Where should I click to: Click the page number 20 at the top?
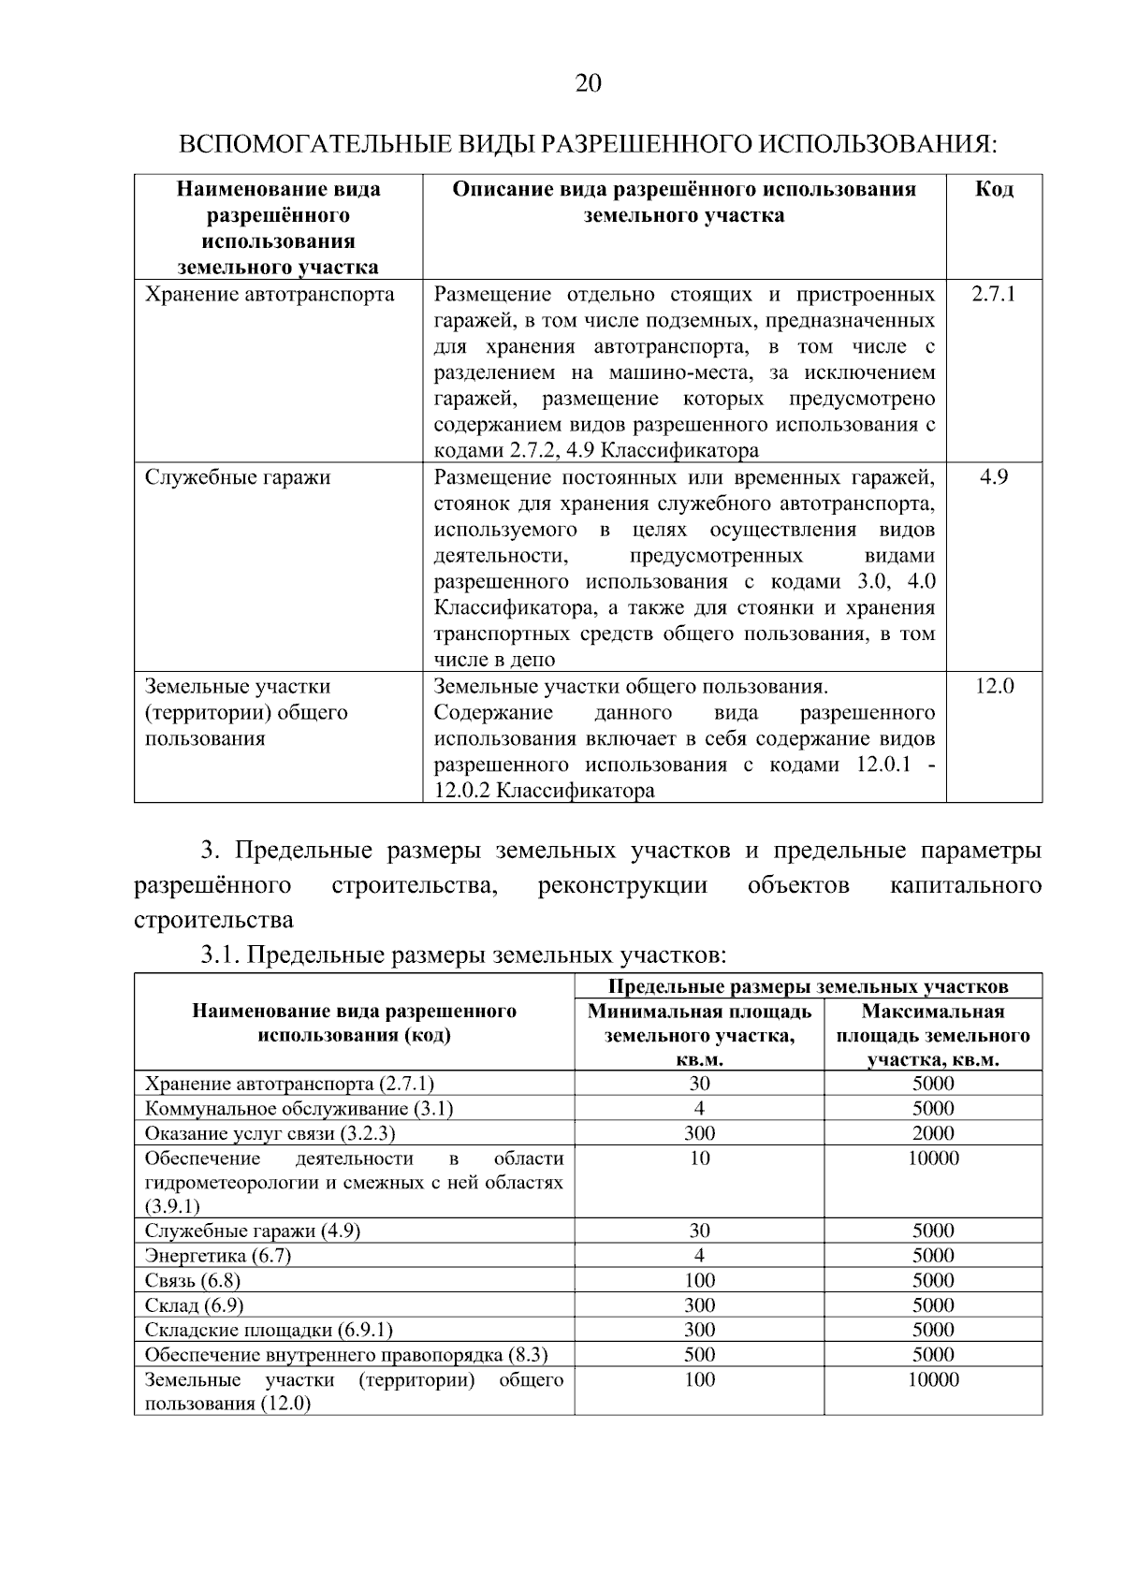588,84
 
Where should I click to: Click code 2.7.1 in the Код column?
993,295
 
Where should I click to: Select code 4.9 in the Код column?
993,477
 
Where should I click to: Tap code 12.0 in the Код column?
994,687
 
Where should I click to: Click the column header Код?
994,190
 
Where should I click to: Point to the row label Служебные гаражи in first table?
238,477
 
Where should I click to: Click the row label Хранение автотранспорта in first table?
270,295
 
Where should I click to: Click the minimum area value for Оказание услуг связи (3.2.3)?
699,1133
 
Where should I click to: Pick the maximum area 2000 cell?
933,1133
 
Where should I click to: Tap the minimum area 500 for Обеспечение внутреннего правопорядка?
699,1354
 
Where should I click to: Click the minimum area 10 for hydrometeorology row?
699,1158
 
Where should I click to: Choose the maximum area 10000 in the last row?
933,1379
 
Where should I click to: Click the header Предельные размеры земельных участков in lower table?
808,986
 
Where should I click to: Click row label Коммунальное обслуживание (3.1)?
299,1109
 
